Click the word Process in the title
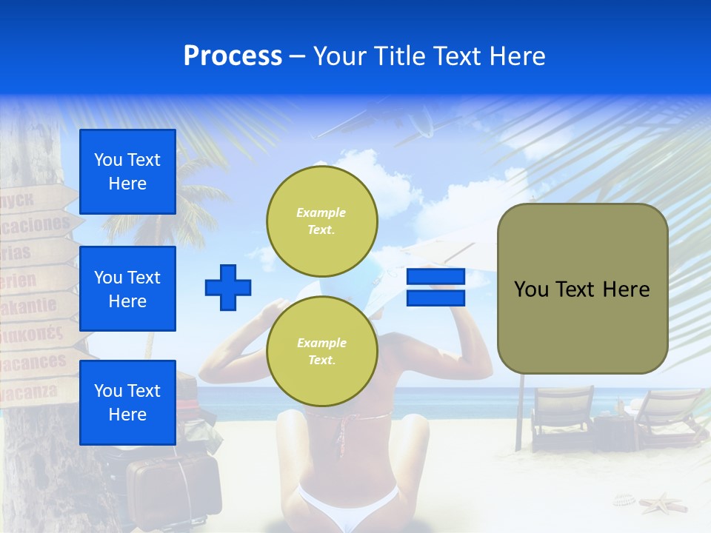(233, 56)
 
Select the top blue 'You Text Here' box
(127, 172)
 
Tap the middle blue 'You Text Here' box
(127, 289)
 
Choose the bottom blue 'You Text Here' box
(127, 403)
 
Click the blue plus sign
(228, 287)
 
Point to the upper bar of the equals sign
(435, 277)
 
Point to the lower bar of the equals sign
(435, 298)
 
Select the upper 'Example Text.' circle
(321, 221)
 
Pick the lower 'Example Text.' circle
(321, 352)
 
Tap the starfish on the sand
(661, 505)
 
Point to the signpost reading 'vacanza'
(33, 391)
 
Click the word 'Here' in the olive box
(626, 289)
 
